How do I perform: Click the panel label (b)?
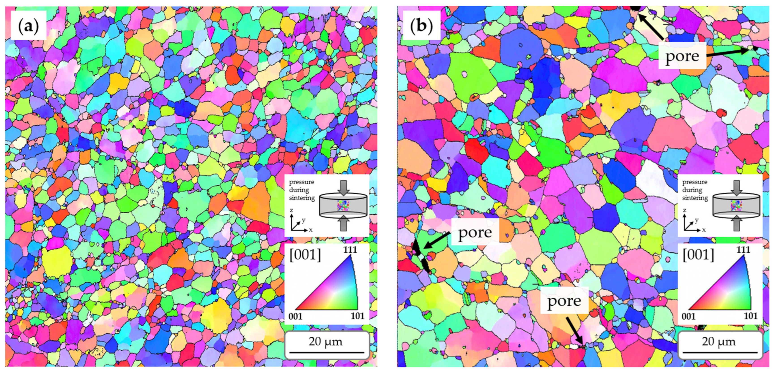click(421, 26)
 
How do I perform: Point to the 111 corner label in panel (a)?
click(350, 249)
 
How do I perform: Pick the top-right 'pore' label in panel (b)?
click(682, 56)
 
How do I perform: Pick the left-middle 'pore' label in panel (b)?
click(475, 232)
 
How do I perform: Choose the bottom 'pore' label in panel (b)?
click(564, 301)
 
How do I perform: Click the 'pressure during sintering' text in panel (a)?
click(301, 190)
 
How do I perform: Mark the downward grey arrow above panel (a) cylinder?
click(343, 188)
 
